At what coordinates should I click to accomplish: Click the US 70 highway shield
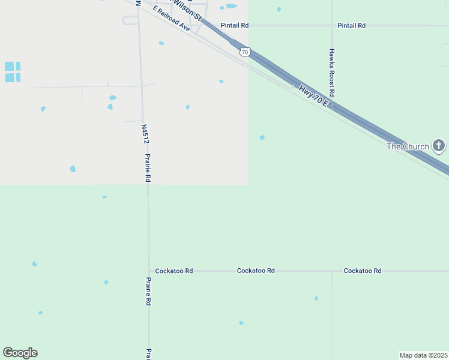(x=244, y=52)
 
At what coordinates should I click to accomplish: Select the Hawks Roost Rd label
(x=331, y=73)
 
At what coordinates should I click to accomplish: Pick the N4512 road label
(x=145, y=134)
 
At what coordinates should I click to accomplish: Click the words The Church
(x=408, y=146)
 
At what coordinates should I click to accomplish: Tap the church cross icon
(x=439, y=145)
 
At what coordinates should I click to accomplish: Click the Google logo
(x=20, y=352)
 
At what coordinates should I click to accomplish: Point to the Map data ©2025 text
(x=423, y=355)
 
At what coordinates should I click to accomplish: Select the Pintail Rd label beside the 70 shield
(x=234, y=26)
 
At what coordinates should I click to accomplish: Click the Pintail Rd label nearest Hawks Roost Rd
(x=351, y=26)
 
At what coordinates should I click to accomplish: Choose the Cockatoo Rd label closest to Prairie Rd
(x=173, y=271)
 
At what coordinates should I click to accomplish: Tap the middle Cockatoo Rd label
(x=256, y=271)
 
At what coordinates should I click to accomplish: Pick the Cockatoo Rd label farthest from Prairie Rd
(x=363, y=271)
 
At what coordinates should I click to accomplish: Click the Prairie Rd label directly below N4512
(x=148, y=168)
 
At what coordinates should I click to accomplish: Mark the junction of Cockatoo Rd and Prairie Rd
(x=149, y=271)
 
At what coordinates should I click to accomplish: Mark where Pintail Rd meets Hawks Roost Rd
(x=331, y=26)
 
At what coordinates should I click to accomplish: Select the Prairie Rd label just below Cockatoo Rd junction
(x=148, y=291)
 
